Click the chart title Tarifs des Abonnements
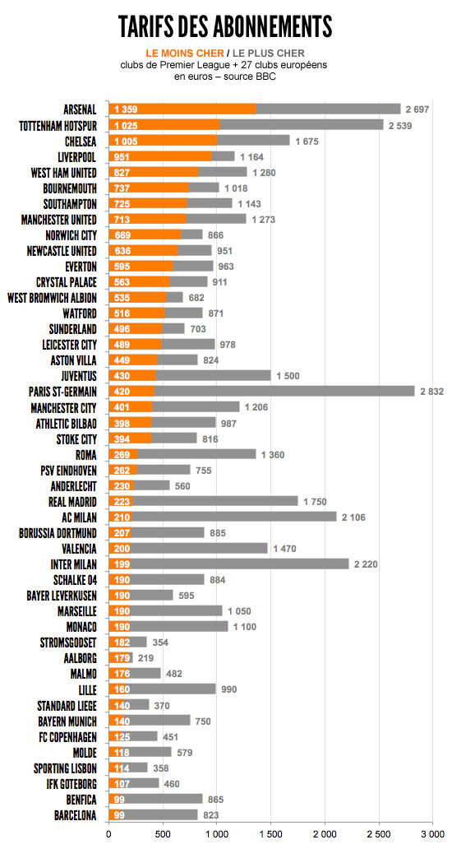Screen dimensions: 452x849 pos(225,26)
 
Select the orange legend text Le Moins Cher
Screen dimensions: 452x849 pos(179,53)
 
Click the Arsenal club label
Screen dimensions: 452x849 pos(80,109)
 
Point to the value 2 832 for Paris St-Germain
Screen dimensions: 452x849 pos(432,392)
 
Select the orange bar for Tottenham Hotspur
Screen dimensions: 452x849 pos(164,125)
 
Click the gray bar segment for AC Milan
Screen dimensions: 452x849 pos(233,517)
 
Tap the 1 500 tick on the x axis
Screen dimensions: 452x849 pos(271,837)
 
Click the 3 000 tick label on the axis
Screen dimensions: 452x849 pos(432,837)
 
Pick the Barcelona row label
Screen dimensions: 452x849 pos(76,815)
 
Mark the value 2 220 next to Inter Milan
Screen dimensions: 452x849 pos(366,564)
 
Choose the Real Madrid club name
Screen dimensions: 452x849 pos(72,501)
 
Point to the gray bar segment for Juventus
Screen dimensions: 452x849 pos(213,376)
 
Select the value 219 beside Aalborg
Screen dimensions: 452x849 pos(146,658)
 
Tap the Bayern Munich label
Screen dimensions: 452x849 pos(67,721)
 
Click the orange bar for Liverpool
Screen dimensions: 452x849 pos(160,156)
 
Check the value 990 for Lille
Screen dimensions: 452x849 pos(229,689)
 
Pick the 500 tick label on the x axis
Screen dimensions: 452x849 pos(163,837)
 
